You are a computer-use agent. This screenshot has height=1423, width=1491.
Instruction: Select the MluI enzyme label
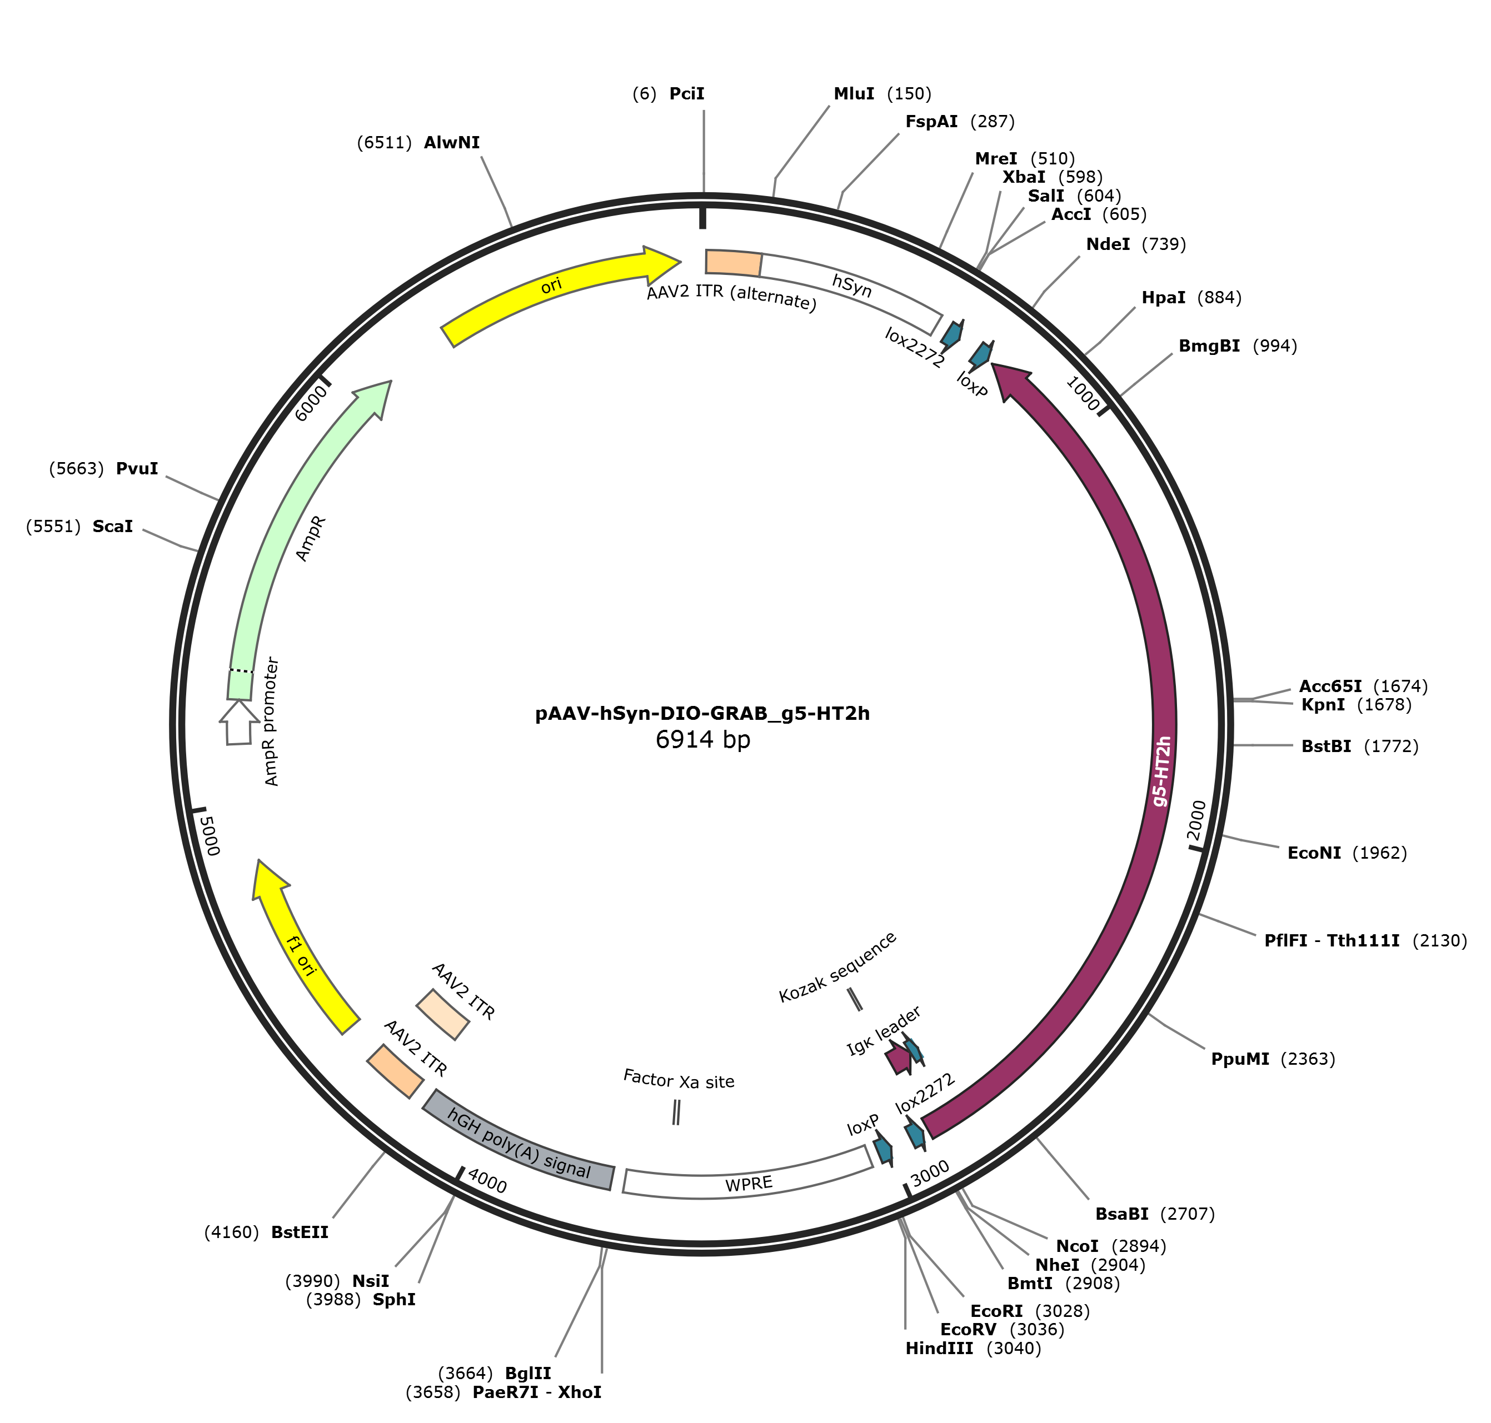click(x=854, y=93)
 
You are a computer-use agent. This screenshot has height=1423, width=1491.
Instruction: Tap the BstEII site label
click(x=300, y=1232)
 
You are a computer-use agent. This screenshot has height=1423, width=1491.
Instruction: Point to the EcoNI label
click(x=1314, y=853)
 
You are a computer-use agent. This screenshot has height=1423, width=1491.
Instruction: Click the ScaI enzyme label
click(x=112, y=527)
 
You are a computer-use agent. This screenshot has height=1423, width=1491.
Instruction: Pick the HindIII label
click(x=939, y=1348)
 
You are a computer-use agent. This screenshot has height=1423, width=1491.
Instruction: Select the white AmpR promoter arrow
click(x=238, y=722)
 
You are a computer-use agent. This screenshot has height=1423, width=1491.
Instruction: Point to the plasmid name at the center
click(x=702, y=714)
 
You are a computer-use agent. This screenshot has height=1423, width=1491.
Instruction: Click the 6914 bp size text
click(x=702, y=740)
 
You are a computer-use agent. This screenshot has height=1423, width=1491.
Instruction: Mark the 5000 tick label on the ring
click(x=208, y=835)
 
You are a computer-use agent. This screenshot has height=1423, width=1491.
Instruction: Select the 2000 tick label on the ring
click(x=1196, y=820)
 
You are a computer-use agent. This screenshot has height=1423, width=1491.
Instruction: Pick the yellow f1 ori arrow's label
click(x=301, y=955)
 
